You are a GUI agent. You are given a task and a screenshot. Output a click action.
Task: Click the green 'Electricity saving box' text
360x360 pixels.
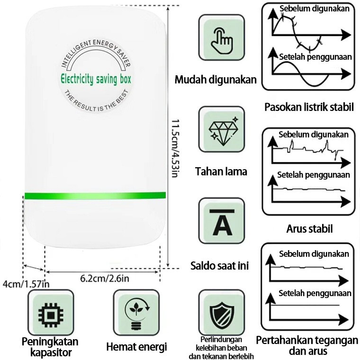coord(96,79)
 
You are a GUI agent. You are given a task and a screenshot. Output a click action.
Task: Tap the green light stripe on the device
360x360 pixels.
coord(95,196)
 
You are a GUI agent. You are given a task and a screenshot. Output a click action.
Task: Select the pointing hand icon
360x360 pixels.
coord(222,41)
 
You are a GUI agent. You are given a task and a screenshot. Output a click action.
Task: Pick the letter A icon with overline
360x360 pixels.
coord(222,222)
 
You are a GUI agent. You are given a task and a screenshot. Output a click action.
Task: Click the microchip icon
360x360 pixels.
coord(51,315)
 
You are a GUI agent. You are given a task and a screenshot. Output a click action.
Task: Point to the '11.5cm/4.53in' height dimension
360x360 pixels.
coord(175,148)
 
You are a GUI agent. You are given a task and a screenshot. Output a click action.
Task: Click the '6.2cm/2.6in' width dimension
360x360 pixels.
coord(105,279)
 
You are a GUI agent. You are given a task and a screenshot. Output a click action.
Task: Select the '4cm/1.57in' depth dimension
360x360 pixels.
coord(26,284)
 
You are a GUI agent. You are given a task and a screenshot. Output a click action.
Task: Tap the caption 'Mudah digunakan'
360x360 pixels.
coord(216,80)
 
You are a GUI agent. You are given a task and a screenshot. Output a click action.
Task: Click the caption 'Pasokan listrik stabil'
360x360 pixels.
coord(309,107)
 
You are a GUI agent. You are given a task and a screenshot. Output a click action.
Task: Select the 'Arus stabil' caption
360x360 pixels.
coord(309,229)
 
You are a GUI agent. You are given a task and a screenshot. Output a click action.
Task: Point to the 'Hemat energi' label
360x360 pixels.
coord(136,347)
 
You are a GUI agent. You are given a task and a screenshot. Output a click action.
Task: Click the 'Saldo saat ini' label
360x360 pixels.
coord(219,265)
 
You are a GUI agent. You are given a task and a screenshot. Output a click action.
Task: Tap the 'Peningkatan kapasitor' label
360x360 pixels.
coord(50,347)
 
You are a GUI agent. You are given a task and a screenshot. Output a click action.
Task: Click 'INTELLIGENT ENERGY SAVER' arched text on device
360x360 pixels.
coord(96,53)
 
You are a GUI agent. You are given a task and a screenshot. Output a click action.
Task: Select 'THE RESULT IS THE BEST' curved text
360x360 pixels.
coord(96,101)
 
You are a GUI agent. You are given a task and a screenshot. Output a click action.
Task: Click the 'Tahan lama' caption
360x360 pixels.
coord(221,171)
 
